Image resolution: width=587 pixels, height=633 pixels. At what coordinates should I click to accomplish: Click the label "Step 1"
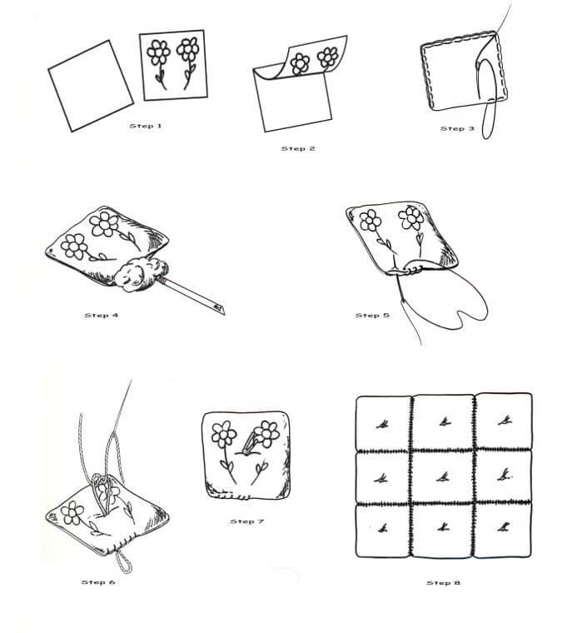(146, 126)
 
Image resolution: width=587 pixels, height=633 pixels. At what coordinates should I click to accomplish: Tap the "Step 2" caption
(298, 148)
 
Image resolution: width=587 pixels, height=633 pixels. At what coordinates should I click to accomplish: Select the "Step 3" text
(457, 129)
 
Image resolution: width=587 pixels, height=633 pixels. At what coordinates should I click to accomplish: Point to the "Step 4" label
(102, 316)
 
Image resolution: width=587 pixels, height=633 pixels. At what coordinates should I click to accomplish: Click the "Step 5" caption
(372, 316)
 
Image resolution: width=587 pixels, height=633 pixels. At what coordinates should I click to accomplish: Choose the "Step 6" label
(98, 582)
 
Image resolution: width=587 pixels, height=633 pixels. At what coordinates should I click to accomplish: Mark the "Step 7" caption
(247, 521)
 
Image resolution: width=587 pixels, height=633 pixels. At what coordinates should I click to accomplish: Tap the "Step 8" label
(444, 582)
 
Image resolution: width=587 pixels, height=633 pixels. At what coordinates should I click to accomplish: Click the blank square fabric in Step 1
(91, 86)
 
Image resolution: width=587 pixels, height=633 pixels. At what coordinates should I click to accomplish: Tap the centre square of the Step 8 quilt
(443, 477)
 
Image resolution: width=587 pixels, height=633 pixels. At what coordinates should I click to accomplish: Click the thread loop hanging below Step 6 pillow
(124, 561)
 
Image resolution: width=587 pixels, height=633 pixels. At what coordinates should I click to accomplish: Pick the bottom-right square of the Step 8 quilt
(503, 530)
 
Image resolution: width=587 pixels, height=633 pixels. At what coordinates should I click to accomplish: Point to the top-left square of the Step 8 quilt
(383, 423)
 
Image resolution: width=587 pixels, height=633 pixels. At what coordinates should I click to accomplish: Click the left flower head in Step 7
(224, 435)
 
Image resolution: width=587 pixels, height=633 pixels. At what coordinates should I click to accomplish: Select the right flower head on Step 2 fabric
(327, 57)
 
